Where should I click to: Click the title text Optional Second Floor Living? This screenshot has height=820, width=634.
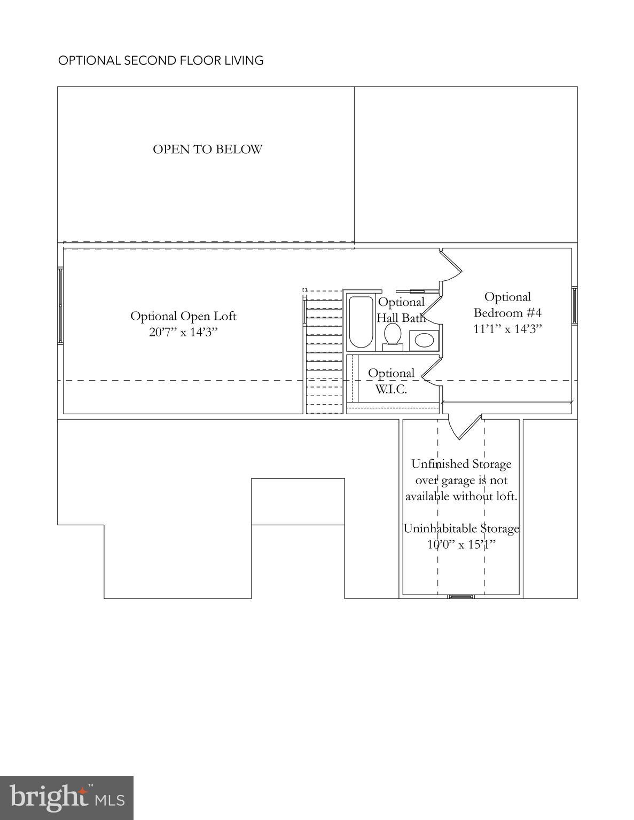point(161,60)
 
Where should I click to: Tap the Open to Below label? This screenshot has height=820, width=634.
point(207,149)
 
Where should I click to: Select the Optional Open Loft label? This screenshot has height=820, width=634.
point(183,316)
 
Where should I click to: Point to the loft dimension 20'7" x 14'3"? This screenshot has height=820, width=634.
point(183,333)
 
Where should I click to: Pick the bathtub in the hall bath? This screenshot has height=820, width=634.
point(361,322)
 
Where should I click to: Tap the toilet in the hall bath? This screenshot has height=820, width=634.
point(393,336)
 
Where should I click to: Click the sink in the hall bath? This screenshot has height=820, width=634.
point(425,341)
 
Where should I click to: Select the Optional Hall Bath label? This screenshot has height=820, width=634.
point(401,310)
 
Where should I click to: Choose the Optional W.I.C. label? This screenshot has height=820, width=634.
point(391,381)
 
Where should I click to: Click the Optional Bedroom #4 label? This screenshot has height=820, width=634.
point(507,304)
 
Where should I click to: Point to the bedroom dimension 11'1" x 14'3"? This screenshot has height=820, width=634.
point(507,328)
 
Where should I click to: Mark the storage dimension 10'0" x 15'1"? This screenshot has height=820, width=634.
point(461,545)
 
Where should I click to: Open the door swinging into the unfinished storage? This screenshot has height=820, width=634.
point(463,427)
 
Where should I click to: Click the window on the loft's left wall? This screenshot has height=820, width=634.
point(61,305)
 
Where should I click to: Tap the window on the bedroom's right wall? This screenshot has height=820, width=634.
point(575,305)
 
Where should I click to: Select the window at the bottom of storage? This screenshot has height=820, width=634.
point(461,596)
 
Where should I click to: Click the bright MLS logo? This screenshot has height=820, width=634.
point(67,798)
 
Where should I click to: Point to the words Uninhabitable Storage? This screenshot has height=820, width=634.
point(461,529)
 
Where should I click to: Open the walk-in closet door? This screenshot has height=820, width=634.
point(430,372)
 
